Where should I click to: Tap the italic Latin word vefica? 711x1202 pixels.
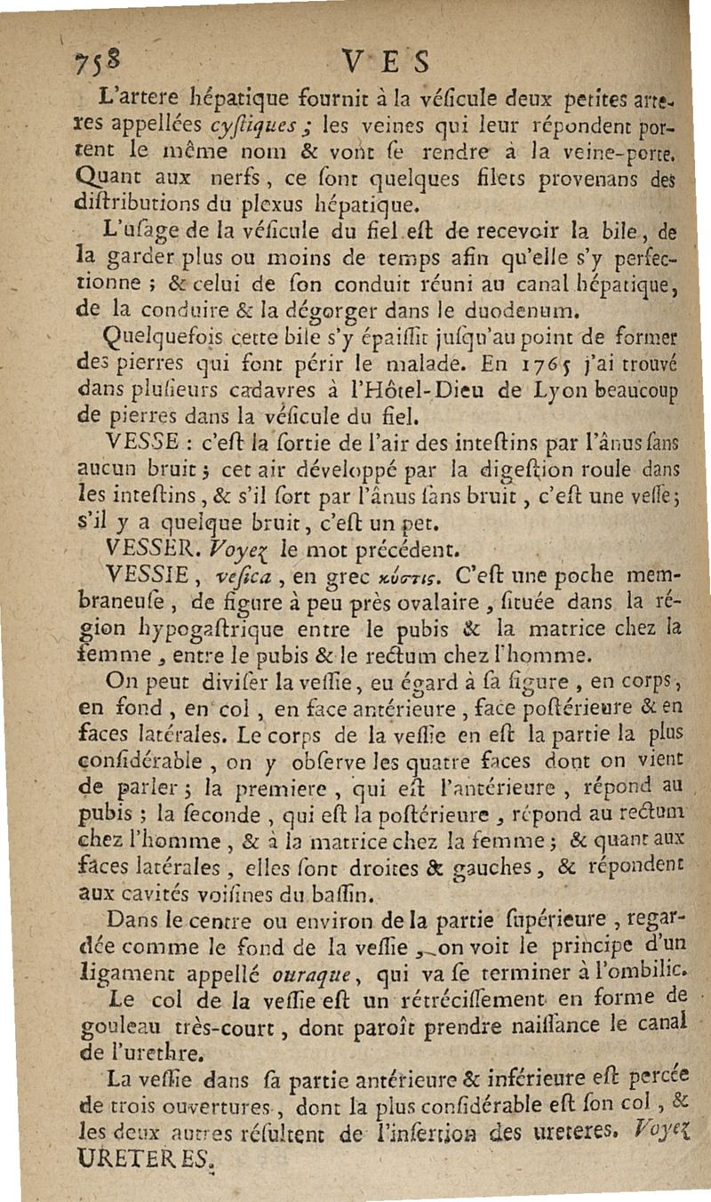coord(260,566)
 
